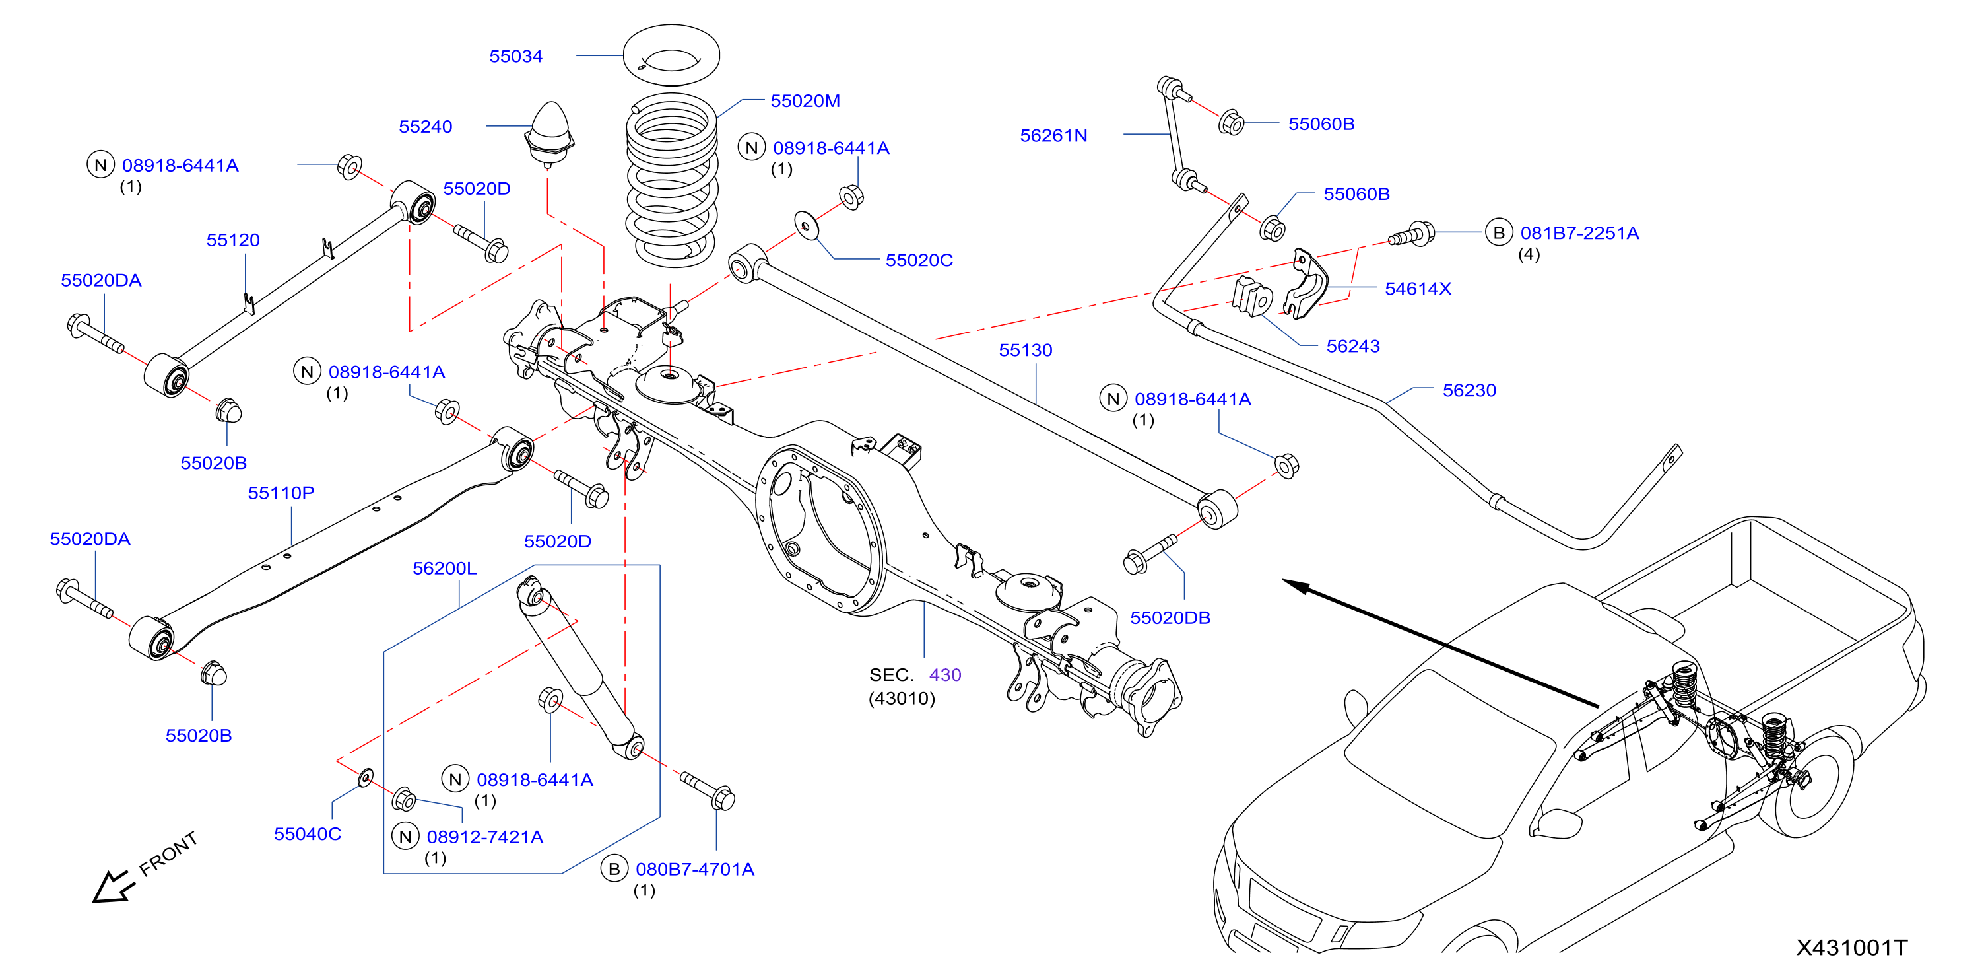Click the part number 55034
pyautogui.click(x=515, y=56)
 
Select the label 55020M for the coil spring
pyautogui.click(x=805, y=101)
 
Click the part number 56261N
pyautogui.click(x=1053, y=135)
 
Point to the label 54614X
pyautogui.click(x=1417, y=289)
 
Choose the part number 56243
pyautogui.click(x=1352, y=347)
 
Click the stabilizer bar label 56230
pyautogui.click(x=1469, y=391)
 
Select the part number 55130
pyautogui.click(x=1025, y=351)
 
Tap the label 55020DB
pyautogui.click(x=1170, y=618)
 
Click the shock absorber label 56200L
pyautogui.click(x=444, y=569)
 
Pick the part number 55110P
pyautogui.click(x=281, y=493)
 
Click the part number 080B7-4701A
pyautogui.click(x=695, y=870)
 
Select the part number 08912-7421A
pyautogui.click(x=484, y=837)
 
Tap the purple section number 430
pyautogui.click(x=945, y=675)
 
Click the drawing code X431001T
pyautogui.click(x=1851, y=948)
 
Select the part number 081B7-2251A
pyautogui.click(x=1579, y=234)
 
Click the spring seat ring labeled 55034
pyautogui.click(x=671, y=55)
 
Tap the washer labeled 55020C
pyautogui.click(x=807, y=226)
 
